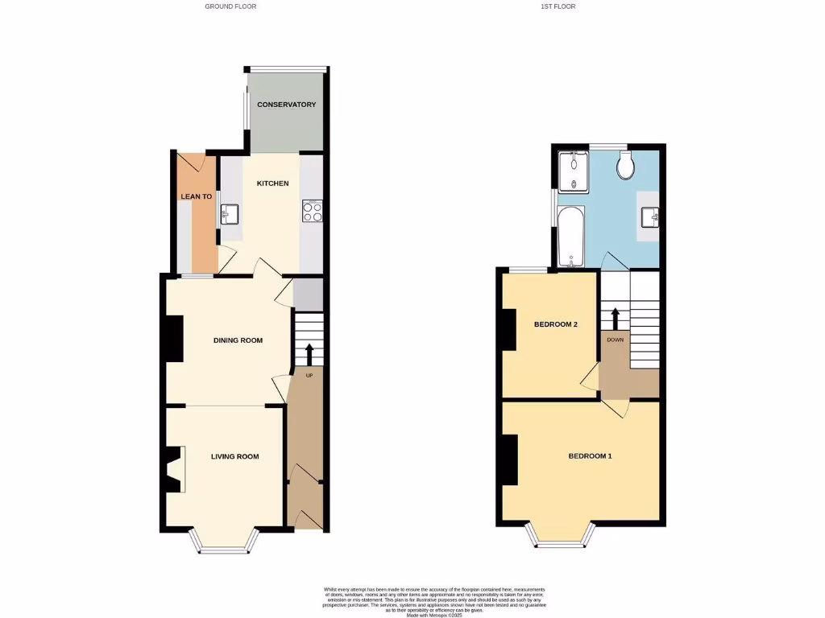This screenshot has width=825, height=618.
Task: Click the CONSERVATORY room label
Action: (x=286, y=105)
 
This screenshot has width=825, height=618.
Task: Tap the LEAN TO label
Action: (x=197, y=196)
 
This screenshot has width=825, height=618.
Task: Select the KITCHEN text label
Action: (x=272, y=183)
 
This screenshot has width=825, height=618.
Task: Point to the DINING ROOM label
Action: (x=238, y=340)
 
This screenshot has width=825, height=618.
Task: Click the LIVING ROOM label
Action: (x=235, y=457)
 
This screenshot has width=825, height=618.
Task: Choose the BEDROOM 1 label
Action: (x=590, y=456)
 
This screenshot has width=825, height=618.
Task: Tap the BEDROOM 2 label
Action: (x=556, y=325)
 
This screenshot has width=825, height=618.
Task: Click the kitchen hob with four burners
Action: (x=312, y=211)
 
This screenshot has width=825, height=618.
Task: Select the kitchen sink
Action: (x=228, y=214)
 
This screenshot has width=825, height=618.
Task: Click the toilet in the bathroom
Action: (x=624, y=166)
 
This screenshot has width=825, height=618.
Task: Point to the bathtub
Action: (x=570, y=237)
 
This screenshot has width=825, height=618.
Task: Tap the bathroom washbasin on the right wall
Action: (x=650, y=216)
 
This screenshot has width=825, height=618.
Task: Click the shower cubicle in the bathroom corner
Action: (x=574, y=171)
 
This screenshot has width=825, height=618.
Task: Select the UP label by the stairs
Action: (x=308, y=375)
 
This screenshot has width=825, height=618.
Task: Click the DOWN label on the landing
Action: (x=615, y=340)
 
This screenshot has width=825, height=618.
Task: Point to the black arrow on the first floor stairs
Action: (x=615, y=318)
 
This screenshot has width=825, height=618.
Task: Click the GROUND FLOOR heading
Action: (x=230, y=6)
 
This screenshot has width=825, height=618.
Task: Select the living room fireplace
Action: (x=174, y=469)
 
